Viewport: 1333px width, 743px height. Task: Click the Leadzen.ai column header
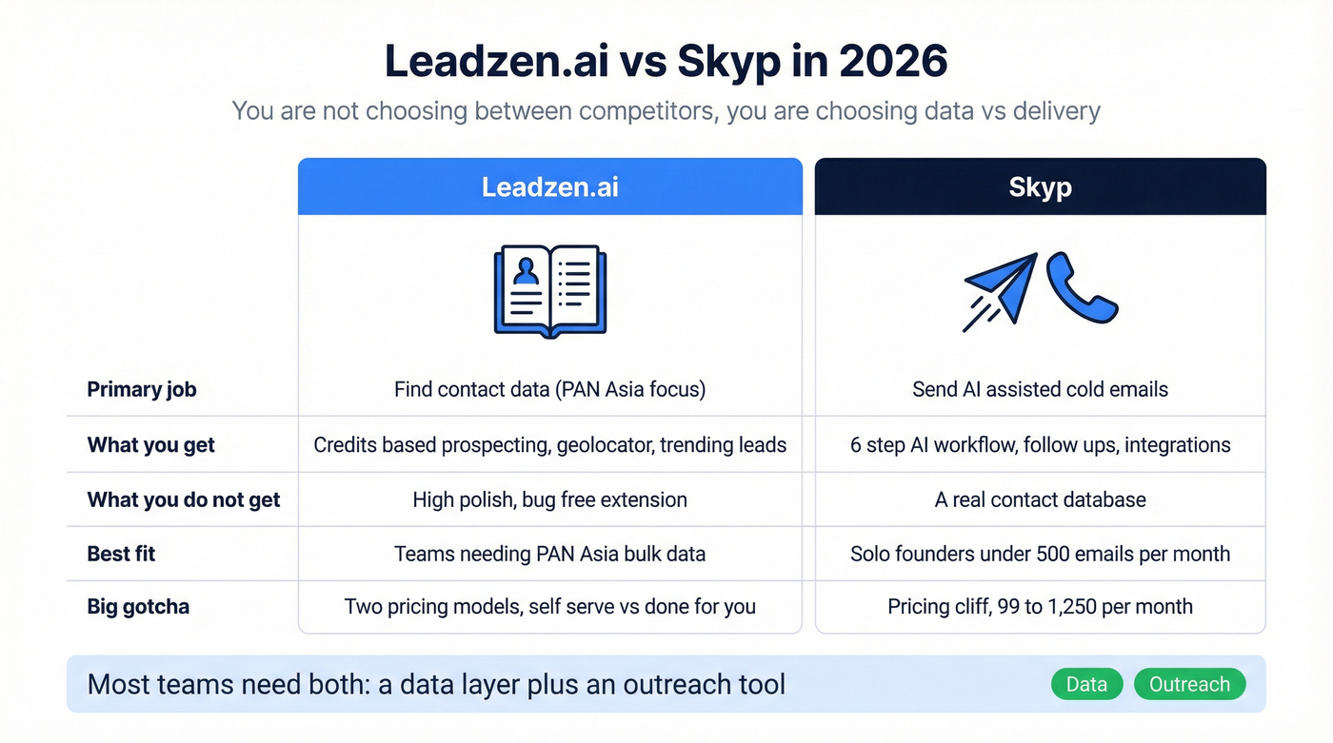(x=549, y=186)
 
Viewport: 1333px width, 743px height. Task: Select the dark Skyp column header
(x=1040, y=186)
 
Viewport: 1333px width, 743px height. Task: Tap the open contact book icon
(x=550, y=291)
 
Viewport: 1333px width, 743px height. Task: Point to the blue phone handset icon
(x=1081, y=287)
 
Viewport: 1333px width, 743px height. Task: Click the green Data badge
(x=1086, y=684)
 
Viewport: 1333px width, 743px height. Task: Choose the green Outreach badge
(x=1189, y=684)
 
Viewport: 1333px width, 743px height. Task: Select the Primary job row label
(x=142, y=389)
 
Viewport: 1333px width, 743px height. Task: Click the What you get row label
(x=151, y=444)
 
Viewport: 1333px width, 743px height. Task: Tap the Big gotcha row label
(x=138, y=606)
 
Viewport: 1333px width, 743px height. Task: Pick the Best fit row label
(x=121, y=554)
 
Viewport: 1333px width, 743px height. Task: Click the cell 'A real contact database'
(x=1040, y=499)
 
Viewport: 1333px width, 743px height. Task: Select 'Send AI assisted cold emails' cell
(x=1040, y=389)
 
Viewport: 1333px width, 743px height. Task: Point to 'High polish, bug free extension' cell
(x=549, y=499)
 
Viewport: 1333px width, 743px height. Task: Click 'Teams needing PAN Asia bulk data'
(x=549, y=554)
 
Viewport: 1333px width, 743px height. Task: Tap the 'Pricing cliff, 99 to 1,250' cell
(x=1040, y=606)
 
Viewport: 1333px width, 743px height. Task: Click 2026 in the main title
(x=894, y=62)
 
